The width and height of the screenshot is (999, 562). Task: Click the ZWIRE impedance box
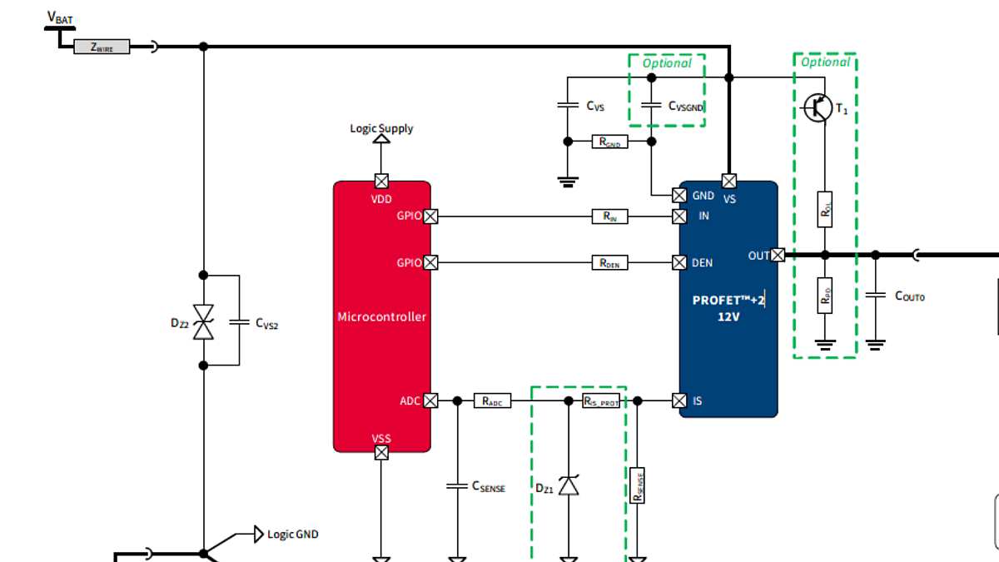pyautogui.click(x=102, y=47)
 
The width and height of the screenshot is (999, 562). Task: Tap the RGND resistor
pyautogui.click(x=610, y=142)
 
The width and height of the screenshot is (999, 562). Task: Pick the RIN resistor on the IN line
pyautogui.click(x=610, y=216)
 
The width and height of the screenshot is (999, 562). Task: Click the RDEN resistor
pyautogui.click(x=610, y=263)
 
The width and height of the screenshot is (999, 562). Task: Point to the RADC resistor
pyautogui.click(x=492, y=400)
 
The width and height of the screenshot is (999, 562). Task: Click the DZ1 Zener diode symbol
pyautogui.click(x=569, y=485)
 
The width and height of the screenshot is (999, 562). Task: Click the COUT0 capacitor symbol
pyautogui.click(x=875, y=295)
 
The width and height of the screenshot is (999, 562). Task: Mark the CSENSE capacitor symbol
pyautogui.click(x=456, y=485)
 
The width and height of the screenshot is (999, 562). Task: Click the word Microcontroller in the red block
pyautogui.click(x=381, y=316)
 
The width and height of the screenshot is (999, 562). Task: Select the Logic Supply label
pyautogui.click(x=381, y=128)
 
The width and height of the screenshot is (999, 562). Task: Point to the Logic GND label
pyautogui.click(x=292, y=534)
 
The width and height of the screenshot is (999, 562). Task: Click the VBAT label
pyautogui.click(x=60, y=17)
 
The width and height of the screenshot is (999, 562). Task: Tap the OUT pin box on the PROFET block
pyautogui.click(x=778, y=255)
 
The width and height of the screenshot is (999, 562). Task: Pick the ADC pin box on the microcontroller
pyautogui.click(x=430, y=400)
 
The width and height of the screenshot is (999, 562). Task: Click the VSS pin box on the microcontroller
pyautogui.click(x=381, y=452)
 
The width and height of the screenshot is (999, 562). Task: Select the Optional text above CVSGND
pyautogui.click(x=667, y=63)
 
